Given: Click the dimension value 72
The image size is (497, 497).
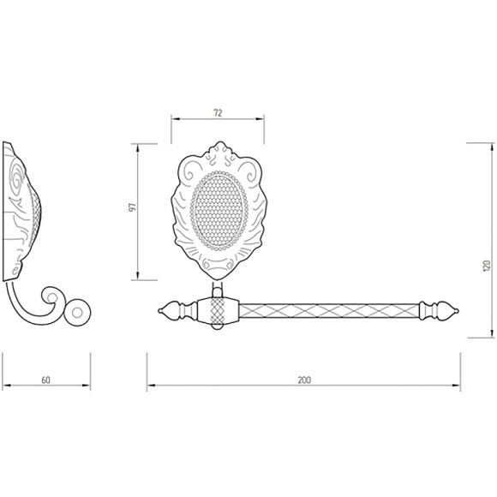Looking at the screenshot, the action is (x=218, y=113).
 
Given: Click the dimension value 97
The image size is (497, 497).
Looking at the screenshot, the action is (x=133, y=207).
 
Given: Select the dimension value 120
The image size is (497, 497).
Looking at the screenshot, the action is (x=487, y=266).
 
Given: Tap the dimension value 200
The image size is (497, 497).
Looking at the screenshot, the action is (x=304, y=380).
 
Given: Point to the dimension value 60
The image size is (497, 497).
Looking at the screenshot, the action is (x=45, y=380).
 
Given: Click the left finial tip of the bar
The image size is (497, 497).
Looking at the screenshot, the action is (x=160, y=311).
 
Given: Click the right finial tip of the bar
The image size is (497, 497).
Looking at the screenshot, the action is (x=457, y=311).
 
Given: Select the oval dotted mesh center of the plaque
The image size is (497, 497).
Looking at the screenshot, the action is (x=219, y=211).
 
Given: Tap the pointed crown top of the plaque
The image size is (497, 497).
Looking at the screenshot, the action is (x=221, y=144).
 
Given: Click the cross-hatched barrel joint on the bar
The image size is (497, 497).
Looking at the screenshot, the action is (x=218, y=311).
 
